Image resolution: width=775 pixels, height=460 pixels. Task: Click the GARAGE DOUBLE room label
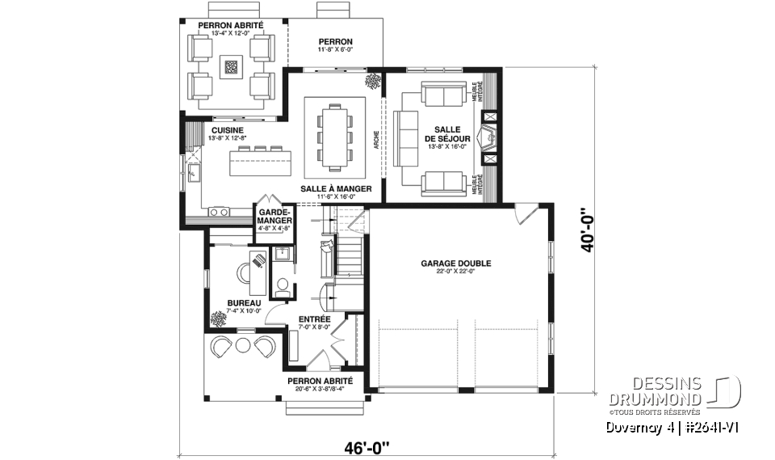[455, 264]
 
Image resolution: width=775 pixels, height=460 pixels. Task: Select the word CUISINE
[227, 129]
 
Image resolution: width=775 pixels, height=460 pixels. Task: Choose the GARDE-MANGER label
[274, 214]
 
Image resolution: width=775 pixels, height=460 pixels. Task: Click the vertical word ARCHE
[376, 141]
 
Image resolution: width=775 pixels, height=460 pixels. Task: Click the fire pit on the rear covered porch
[232, 67]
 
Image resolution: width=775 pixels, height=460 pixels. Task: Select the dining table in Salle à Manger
[336, 134]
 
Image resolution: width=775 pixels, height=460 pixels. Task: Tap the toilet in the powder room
[283, 285]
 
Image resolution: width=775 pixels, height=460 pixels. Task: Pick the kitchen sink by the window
[193, 171]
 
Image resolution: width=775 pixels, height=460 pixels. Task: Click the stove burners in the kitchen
[218, 212]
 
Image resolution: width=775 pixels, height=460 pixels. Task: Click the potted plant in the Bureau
[218, 319]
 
